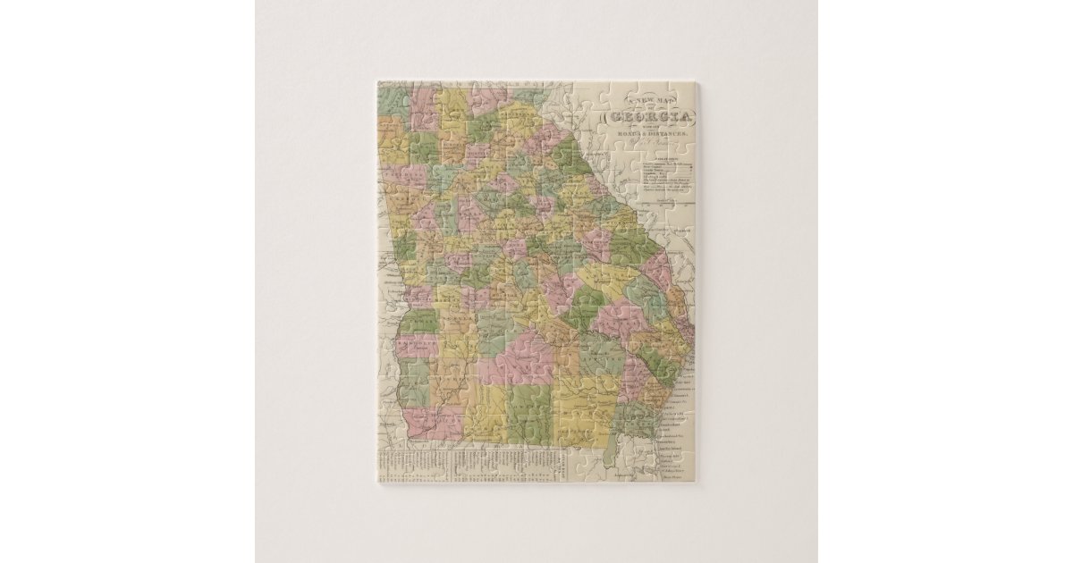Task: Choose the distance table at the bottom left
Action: (x=469, y=465)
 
